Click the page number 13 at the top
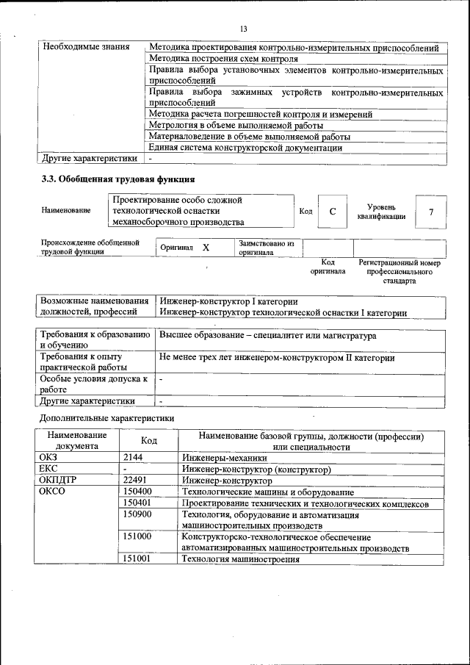click(x=243, y=29)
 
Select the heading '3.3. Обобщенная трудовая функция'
click(x=117, y=179)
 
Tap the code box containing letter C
click(x=333, y=212)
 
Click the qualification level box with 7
click(x=431, y=212)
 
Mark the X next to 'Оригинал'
click(x=206, y=248)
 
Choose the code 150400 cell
click(x=137, y=492)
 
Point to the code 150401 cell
click(x=137, y=503)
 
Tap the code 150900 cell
click(x=137, y=514)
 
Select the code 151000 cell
click(x=137, y=537)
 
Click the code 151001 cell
click(x=137, y=559)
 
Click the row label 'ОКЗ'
click(x=48, y=457)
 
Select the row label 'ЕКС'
click(x=48, y=469)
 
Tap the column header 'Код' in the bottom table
click(x=149, y=440)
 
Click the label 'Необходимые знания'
click(x=86, y=47)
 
